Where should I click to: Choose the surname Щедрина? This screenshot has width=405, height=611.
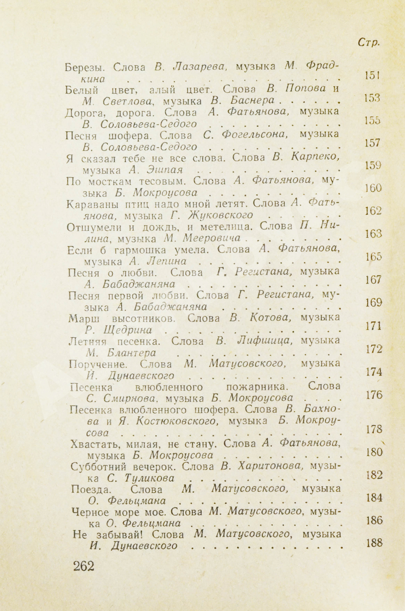point(128,330)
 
